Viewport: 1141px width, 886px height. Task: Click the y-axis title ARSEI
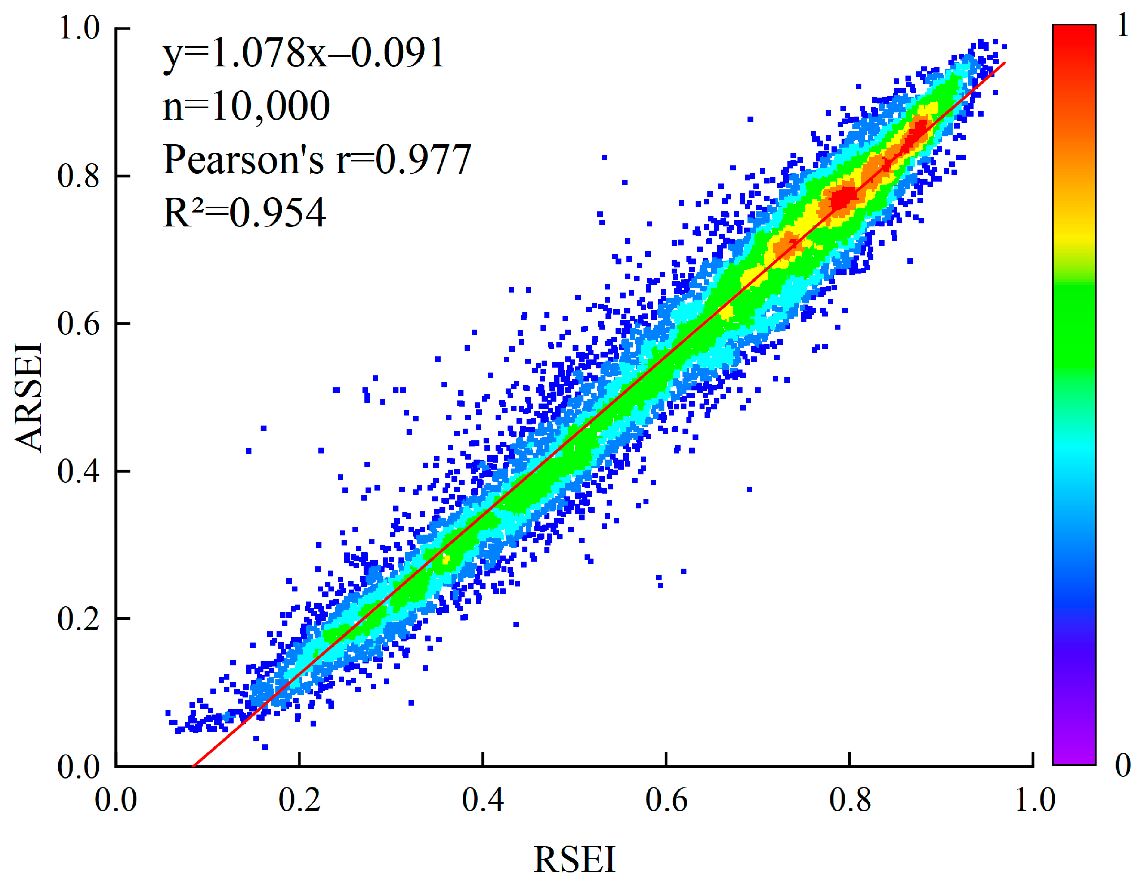pos(28,397)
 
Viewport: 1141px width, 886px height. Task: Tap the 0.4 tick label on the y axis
pos(78,471)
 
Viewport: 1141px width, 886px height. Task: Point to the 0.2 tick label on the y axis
pos(78,619)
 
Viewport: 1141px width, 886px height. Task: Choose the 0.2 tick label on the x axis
pos(299,799)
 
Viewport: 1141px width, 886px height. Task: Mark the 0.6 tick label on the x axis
pos(666,799)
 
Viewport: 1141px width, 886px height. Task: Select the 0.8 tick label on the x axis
pos(850,799)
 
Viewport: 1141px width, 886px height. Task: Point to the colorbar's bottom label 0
pos(1123,766)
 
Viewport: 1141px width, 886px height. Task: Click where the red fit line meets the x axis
pos(193,766)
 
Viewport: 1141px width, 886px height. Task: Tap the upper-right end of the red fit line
pos(1005,63)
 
